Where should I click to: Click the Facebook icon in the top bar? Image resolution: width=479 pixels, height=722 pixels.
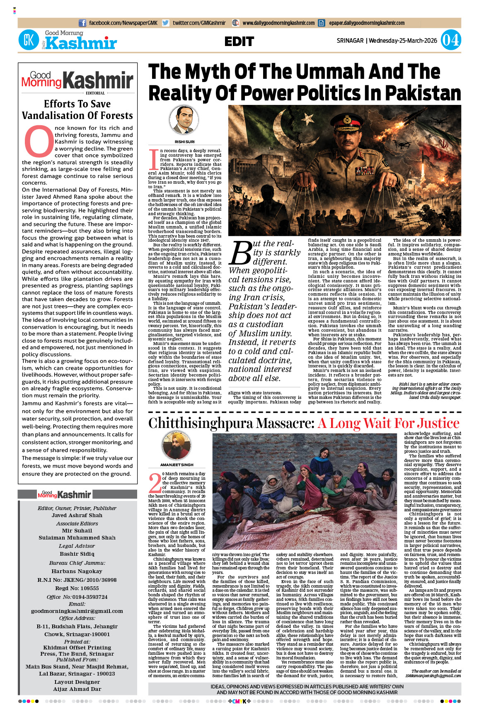point(82,23)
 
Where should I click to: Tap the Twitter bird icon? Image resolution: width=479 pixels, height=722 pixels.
point(165,23)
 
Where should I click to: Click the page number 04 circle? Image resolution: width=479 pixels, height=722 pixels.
point(450,40)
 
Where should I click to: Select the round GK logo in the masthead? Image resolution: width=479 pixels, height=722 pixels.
point(29,40)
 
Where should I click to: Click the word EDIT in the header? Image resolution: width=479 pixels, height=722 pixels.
point(239,41)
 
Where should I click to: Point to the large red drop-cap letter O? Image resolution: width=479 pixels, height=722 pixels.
point(39,141)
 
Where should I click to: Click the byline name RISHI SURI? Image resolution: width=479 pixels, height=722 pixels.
point(184,142)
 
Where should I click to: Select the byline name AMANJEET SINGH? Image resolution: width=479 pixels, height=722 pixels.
point(177,465)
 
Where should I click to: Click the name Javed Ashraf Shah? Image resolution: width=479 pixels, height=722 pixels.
point(77,515)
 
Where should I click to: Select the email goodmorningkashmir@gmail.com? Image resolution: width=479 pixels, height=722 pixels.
point(77,611)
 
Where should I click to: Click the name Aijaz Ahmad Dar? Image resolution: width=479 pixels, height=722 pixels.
point(77,689)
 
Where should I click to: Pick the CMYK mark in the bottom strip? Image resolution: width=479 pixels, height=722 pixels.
point(240,701)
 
